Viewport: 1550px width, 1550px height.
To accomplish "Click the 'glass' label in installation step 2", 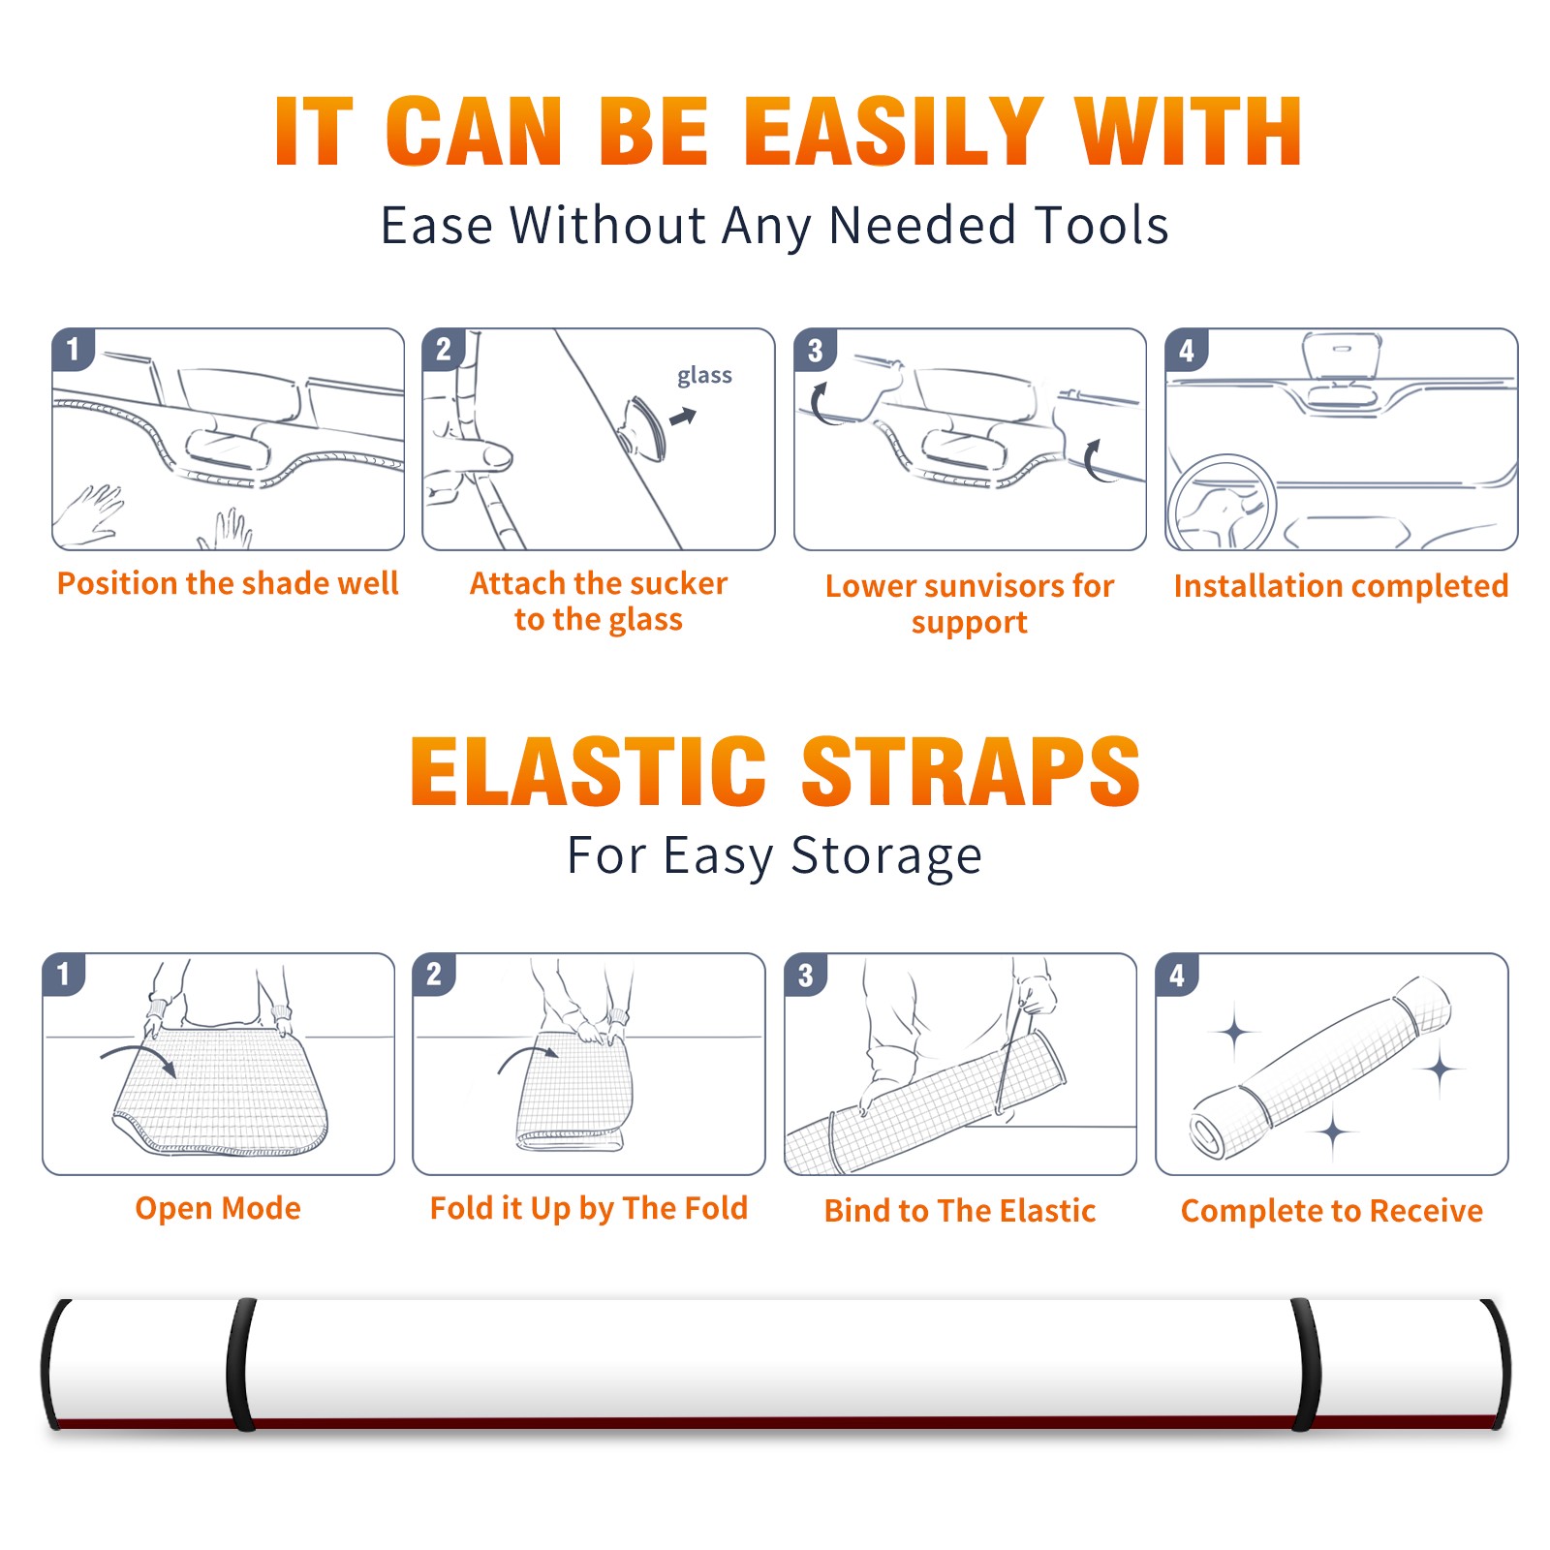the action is [x=704, y=376].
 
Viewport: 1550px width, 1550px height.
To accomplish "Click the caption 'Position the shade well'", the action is [x=228, y=583].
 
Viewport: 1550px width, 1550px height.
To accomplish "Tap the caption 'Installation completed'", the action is [x=1341, y=585].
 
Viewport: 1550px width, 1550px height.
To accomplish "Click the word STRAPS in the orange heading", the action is [x=972, y=771].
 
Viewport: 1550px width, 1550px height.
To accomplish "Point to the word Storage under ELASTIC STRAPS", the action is [x=886, y=856].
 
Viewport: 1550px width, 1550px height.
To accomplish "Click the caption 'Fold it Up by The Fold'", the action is [x=589, y=1208].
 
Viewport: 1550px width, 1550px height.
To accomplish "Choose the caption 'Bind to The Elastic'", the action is [x=960, y=1211].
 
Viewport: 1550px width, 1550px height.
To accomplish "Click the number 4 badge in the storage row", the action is [x=1177, y=976].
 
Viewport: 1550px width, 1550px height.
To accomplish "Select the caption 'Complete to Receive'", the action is [x=1332, y=1211].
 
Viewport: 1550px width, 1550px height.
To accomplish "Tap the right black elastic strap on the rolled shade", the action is [x=1306, y=1364].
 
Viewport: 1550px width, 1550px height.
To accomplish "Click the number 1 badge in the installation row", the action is [x=73, y=349].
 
